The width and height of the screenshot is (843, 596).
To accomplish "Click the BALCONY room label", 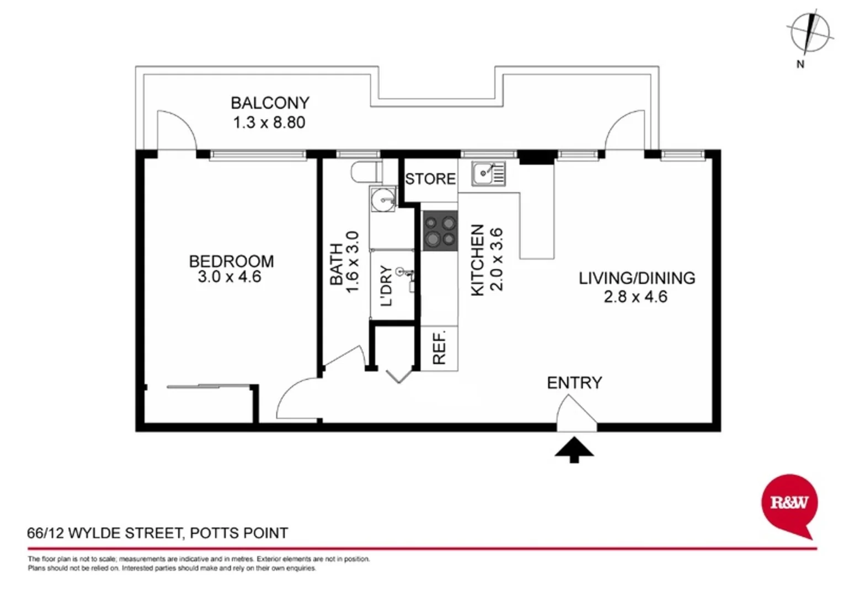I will [x=270, y=103].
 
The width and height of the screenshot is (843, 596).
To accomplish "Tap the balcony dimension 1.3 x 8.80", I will [x=269, y=123].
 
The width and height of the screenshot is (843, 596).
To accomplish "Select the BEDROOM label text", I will [x=231, y=261].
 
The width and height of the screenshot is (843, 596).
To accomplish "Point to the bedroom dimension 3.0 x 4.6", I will [x=230, y=277].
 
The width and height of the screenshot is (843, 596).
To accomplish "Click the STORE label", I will [x=430, y=179].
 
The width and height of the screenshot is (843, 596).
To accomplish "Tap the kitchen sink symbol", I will [x=488, y=173].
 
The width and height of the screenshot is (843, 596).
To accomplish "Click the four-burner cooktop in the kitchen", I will [x=440, y=231].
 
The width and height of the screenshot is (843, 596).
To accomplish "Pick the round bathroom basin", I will [x=382, y=199].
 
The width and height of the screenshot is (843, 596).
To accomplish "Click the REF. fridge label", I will [x=439, y=348].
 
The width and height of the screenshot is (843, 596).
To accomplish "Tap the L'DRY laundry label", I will [x=387, y=285].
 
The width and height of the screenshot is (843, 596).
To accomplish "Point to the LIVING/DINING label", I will [x=637, y=278].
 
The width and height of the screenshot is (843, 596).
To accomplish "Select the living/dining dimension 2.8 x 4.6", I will [x=636, y=297].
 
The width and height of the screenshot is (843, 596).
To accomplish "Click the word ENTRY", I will [x=574, y=382].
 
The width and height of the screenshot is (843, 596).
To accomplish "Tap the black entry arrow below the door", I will [x=574, y=449].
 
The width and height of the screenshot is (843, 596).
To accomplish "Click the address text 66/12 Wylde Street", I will [x=157, y=533].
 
